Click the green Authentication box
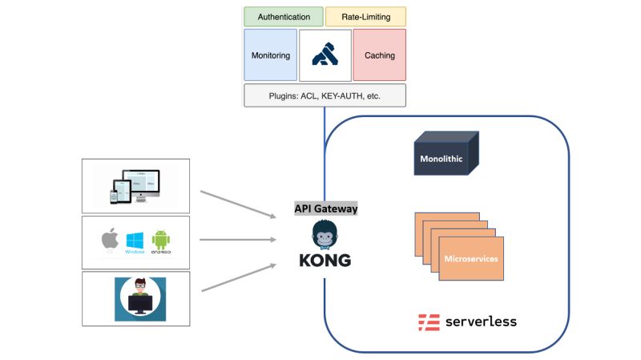click(284, 17)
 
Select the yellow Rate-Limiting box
click(365, 17)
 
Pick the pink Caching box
click(379, 55)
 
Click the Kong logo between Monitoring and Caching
click(325, 55)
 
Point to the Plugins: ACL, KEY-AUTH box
click(325, 95)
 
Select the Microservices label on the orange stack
click(470, 259)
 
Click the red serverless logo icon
click(429, 322)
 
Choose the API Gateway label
click(325, 208)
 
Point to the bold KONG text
click(325, 261)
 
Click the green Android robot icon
click(160, 239)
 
